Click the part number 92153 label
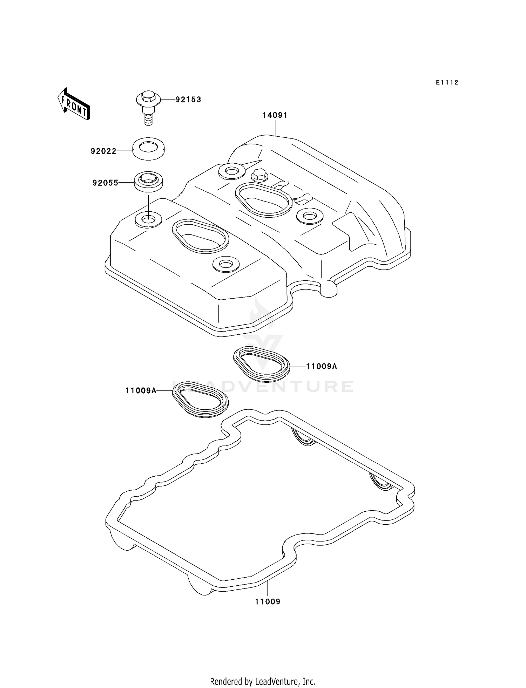point(188,100)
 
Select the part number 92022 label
point(103,151)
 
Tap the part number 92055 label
point(105,183)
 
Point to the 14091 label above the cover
point(275,115)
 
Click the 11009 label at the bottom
point(268,602)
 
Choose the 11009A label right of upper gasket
point(321,367)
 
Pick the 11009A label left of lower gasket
point(141,390)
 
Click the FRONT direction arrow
point(74,105)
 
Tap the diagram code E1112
point(447,83)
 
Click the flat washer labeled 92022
point(149,149)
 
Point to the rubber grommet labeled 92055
point(148,181)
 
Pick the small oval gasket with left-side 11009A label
point(200,399)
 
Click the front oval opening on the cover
point(200,235)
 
